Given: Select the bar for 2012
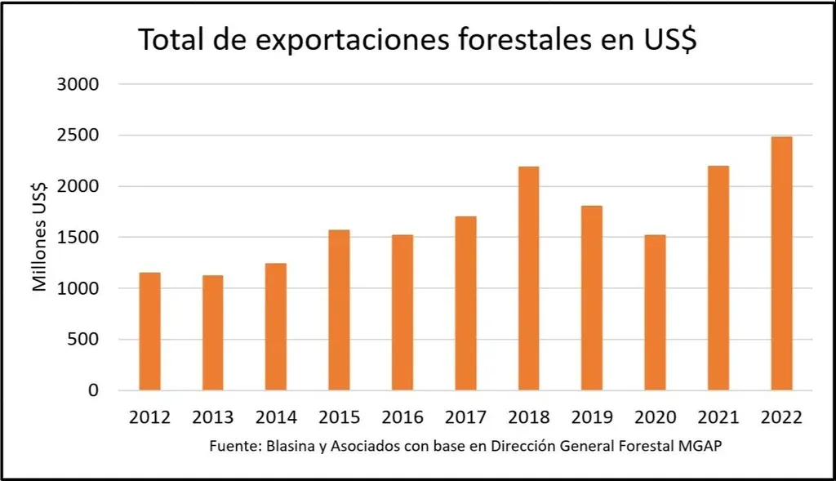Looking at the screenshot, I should (149, 332).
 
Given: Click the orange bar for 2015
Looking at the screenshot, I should (339, 310).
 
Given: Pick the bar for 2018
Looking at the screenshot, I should (528, 278).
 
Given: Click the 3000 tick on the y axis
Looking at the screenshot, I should (79, 84).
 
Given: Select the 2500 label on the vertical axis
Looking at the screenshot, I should (79, 136).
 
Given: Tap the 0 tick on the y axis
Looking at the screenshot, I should (94, 390).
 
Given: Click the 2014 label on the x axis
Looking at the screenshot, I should (276, 417).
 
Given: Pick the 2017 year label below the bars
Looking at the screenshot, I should (465, 417).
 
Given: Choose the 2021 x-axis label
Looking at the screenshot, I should (718, 417).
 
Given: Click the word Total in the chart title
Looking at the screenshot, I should (171, 40).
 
